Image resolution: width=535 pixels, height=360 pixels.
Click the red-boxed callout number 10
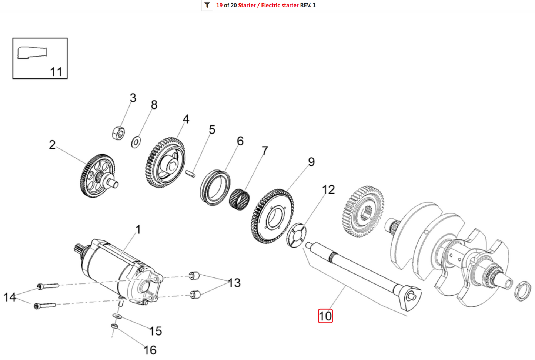click(325, 316)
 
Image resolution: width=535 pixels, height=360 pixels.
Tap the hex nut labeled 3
click(118, 132)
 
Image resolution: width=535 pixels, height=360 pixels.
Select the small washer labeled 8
click(136, 142)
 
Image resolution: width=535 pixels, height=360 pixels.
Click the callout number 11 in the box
click(56, 71)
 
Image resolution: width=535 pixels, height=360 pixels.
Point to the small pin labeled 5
click(191, 173)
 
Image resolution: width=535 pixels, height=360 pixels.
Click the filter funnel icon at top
click(207, 5)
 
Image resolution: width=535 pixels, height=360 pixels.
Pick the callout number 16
click(150, 350)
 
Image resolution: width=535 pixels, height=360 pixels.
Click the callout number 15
click(156, 331)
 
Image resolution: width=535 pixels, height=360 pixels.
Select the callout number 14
click(10, 297)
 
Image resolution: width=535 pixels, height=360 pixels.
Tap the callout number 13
click(234, 283)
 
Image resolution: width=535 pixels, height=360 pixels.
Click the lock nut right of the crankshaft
click(523, 291)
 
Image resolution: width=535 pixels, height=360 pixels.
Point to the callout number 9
click(311, 162)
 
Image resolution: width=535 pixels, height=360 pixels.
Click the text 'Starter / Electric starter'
click(268, 5)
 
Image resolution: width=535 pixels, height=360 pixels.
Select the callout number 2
click(52, 145)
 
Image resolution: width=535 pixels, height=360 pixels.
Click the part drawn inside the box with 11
click(32, 53)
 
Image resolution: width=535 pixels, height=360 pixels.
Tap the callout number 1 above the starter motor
click(138, 229)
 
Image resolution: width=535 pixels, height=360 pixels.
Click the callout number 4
click(186, 119)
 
